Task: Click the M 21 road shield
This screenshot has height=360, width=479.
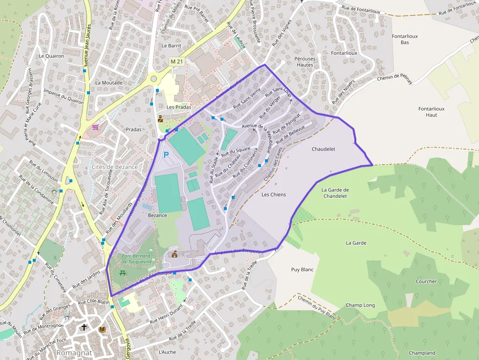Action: pos(176,61)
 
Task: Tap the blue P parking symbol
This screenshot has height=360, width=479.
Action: pos(166,155)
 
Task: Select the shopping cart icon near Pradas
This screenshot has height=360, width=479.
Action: pos(95,127)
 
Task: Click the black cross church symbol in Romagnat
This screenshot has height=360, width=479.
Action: pos(84,327)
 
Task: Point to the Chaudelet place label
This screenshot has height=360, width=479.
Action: pos(324,149)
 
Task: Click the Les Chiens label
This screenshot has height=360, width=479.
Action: pos(274,194)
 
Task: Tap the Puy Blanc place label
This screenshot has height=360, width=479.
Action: pos(302,270)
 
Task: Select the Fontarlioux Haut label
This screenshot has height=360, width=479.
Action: pos(428,112)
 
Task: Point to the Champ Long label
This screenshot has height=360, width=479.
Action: pos(360,305)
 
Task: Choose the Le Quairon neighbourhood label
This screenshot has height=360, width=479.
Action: pos(51,56)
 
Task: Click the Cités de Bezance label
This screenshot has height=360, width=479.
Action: pos(114,167)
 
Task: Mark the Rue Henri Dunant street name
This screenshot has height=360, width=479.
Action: pos(166,313)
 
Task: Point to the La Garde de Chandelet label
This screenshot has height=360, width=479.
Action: pos(335,193)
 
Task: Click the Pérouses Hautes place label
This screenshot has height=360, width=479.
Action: pos(305,62)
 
